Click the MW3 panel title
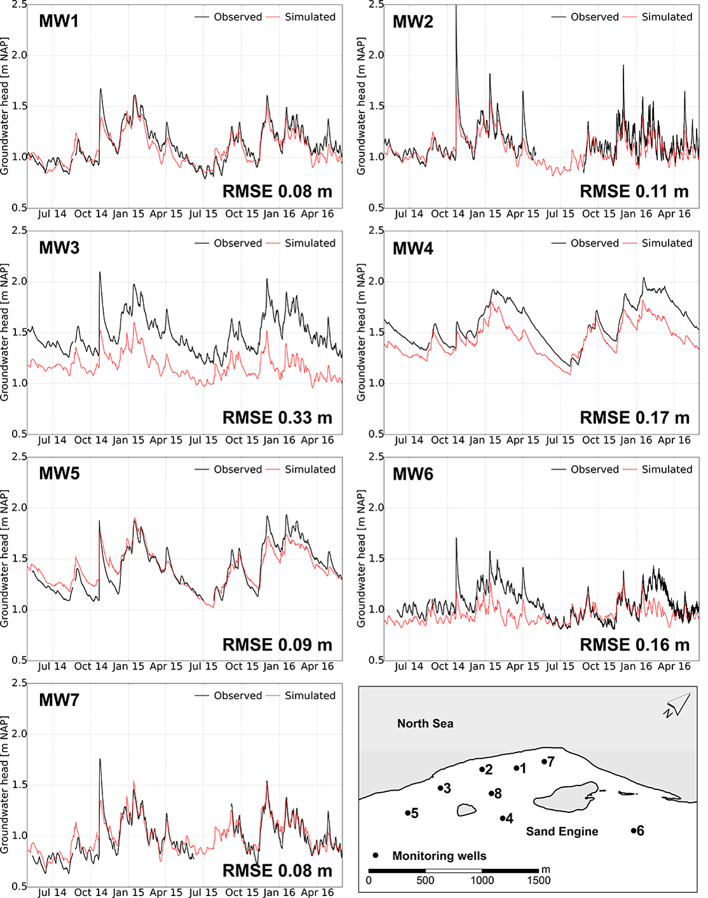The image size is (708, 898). (x=59, y=247)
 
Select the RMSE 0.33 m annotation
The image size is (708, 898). (x=277, y=418)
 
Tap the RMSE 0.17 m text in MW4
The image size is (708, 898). (x=634, y=418)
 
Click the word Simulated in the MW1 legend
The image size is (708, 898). (x=310, y=17)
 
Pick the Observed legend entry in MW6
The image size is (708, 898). (x=594, y=470)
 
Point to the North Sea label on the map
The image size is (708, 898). (x=425, y=723)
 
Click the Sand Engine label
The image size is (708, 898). (x=562, y=831)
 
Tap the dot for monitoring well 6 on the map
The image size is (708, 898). (x=634, y=831)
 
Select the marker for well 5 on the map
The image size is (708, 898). (x=408, y=813)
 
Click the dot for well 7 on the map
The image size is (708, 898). (x=545, y=761)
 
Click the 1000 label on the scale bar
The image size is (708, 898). (x=482, y=880)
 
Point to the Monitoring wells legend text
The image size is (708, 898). (x=439, y=856)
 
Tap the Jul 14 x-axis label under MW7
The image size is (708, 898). (x=52, y=892)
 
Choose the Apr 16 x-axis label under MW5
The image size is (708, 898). (x=317, y=666)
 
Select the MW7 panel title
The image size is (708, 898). (x=59, y=700)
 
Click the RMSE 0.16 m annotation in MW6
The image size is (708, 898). (x=634, y=644)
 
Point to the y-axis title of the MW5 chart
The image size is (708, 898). (x=5, y=558)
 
